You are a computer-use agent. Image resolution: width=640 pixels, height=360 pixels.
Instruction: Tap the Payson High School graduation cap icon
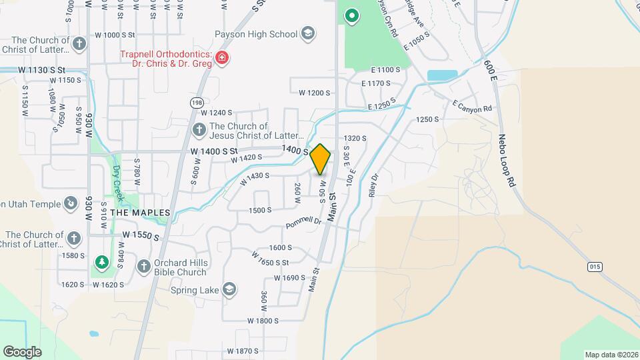(x=307, y=33)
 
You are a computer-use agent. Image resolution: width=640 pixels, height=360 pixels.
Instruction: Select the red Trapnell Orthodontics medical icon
(x=222, y=59)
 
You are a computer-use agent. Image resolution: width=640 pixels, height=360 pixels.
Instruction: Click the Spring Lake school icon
(x=229, y=289)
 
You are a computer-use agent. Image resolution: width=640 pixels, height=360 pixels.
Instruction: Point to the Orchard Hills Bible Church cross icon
(x=143, y=267)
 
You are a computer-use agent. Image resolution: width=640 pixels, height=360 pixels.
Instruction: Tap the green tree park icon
(x=101, y=262)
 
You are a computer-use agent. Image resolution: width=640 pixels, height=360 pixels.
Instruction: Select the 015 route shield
(x=595, y=267)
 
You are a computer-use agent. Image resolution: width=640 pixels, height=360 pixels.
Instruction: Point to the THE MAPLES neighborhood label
(x=141, y=212)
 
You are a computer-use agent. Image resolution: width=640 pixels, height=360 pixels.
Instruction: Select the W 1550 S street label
(x=141, y=236)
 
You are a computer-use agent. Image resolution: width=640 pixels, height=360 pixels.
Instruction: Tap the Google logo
(x=21, y=351)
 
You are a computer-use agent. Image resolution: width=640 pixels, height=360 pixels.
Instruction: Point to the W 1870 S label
(x=242, y=351)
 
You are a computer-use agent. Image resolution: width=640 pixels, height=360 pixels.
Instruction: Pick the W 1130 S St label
(x=41, y=69)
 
